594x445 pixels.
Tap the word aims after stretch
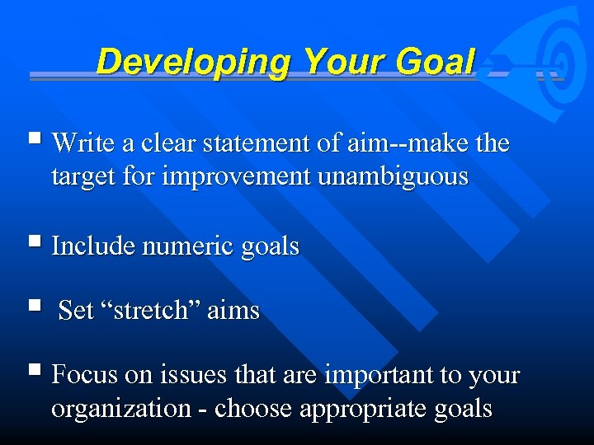tap(233, 311)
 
